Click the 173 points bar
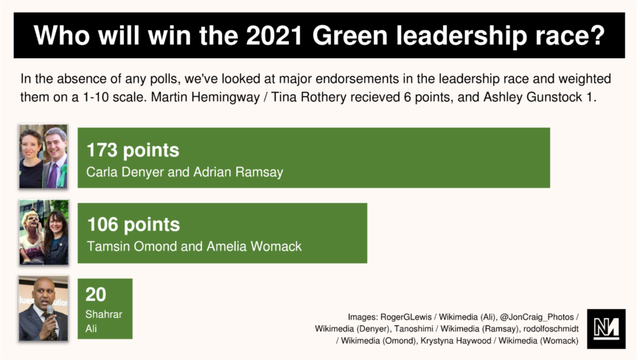313,158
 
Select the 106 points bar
222,233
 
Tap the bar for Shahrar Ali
105,308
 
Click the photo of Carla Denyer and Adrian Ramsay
43,156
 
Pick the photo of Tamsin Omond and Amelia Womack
44,232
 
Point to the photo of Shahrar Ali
43,308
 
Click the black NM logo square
606,328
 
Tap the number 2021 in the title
274,35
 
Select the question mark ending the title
599,35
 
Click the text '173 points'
133,150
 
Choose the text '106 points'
133,225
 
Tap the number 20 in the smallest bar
96,294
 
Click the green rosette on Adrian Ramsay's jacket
62,176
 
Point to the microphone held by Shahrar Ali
51,321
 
